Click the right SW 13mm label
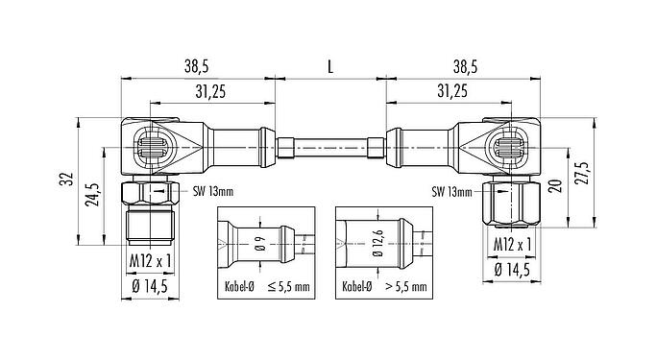(450, 190)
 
